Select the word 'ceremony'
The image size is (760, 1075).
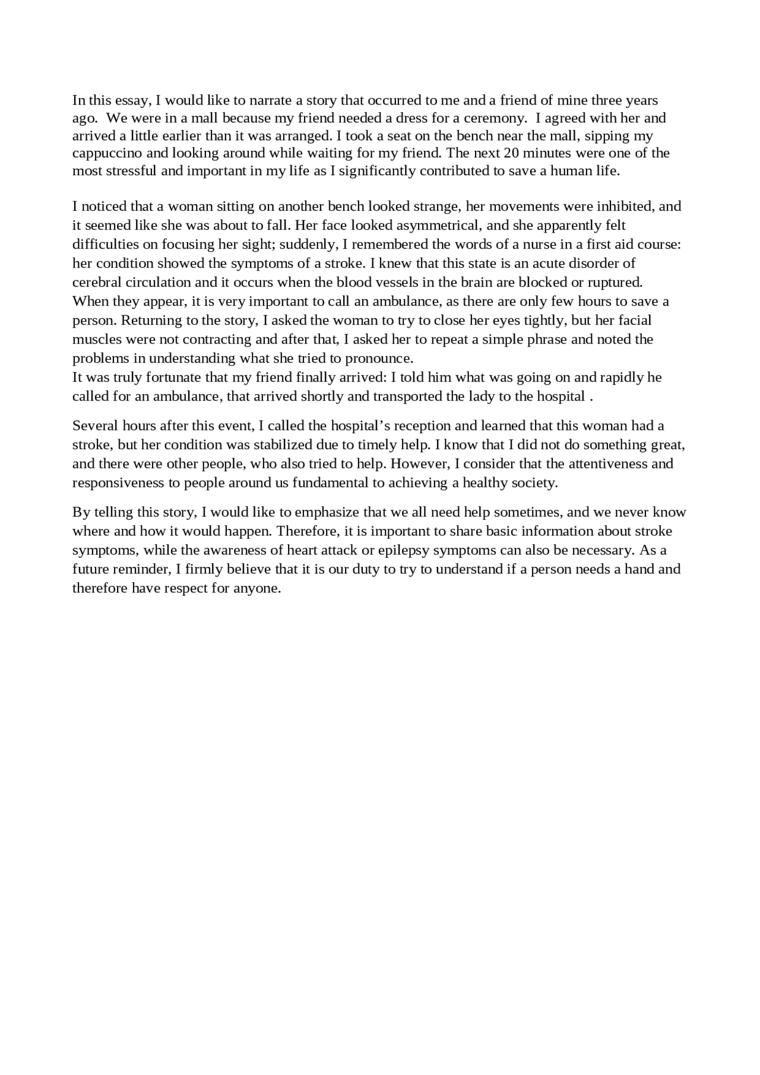click(x=493, y=118)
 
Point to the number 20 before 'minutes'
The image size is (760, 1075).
click(x=511, y=153)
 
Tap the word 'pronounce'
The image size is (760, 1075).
click(x=378, y=358)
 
